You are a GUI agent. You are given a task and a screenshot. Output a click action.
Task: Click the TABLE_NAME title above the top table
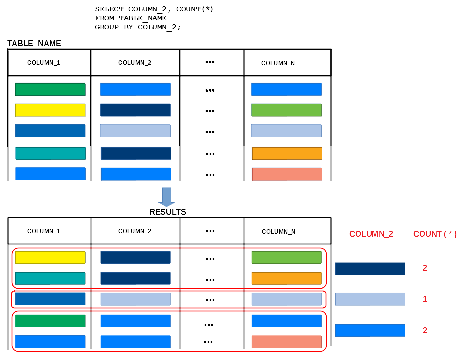pyautogui.click(x=34, y=43)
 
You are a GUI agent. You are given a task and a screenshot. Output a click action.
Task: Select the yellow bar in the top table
pyautogui.click(x=50, y=110)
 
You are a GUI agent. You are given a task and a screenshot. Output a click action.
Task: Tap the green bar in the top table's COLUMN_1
pyautogui.click(x=50, y=89)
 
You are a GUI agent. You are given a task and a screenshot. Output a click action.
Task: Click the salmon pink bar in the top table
pyautogui.click(x=287, y=174)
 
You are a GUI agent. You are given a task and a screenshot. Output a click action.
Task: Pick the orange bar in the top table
pyautogui.click(x=287, y=153)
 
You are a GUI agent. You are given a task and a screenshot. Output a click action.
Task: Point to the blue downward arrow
pyautogui.click(x=167, y=197)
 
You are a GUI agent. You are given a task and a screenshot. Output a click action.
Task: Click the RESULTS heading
pyautogui.click(x=168, y=212)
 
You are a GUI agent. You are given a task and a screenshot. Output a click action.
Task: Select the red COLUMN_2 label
pyautogui.click(x=371, y=234)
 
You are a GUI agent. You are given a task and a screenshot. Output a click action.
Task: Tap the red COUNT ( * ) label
pyautogui.click(x=435, y=234)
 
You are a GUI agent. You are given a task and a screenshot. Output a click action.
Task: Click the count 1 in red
pyautogui.click(x=425, y=299)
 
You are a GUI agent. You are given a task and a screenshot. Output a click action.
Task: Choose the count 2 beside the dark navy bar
pyautogui.click(x=425, y=268)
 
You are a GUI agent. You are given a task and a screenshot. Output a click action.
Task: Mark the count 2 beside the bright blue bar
pyautogui.click(x=425, y=330)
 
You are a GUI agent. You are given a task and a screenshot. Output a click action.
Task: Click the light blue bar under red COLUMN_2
pyautogui.click(x=370, y=299)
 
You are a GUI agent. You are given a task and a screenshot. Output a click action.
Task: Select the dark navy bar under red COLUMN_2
pyautogui.click(x=370, y=269)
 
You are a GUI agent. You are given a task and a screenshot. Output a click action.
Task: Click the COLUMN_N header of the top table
pyautogui.click(x=278, y=63)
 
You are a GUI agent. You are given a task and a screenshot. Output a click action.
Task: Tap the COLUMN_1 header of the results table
pyautogui.click(x=44, y=231)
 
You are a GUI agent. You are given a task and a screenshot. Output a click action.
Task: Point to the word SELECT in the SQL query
pyautogui.click(x=109, y=9)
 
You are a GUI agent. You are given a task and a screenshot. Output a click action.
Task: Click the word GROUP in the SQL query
pyautogui.click(x=107, y=27)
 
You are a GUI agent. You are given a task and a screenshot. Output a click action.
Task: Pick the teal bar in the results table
pyautogui.click(x=50, y=278)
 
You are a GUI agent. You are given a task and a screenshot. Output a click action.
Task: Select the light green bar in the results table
pyautogui.click(x=287, y=257)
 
